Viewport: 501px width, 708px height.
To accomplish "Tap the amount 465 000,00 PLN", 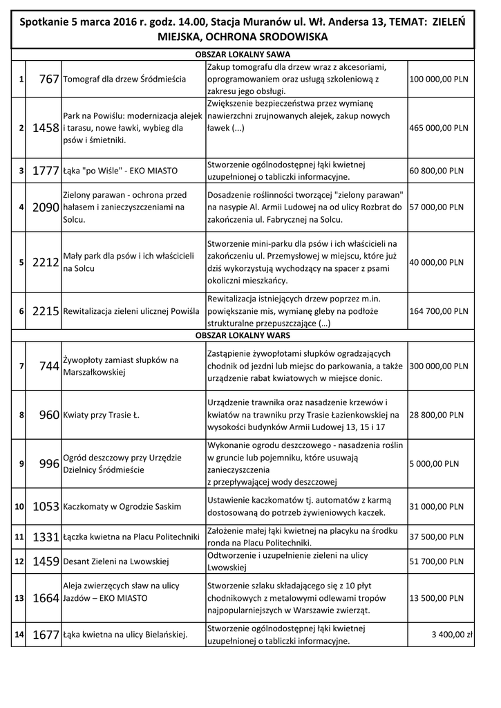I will (439, 128).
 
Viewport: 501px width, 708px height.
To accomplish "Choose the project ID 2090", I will (46, 207).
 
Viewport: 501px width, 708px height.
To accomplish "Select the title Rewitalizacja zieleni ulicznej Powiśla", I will (131, 312).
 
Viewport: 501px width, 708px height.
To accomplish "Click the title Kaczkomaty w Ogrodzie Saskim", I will (122, 507).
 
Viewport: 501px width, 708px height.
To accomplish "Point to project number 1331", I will (46, 537).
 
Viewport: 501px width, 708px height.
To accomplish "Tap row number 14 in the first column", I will (19, 634).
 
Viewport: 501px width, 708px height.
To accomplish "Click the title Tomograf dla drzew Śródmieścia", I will (124, 80).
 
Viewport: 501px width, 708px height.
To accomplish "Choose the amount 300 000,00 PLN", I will (439, 366).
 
